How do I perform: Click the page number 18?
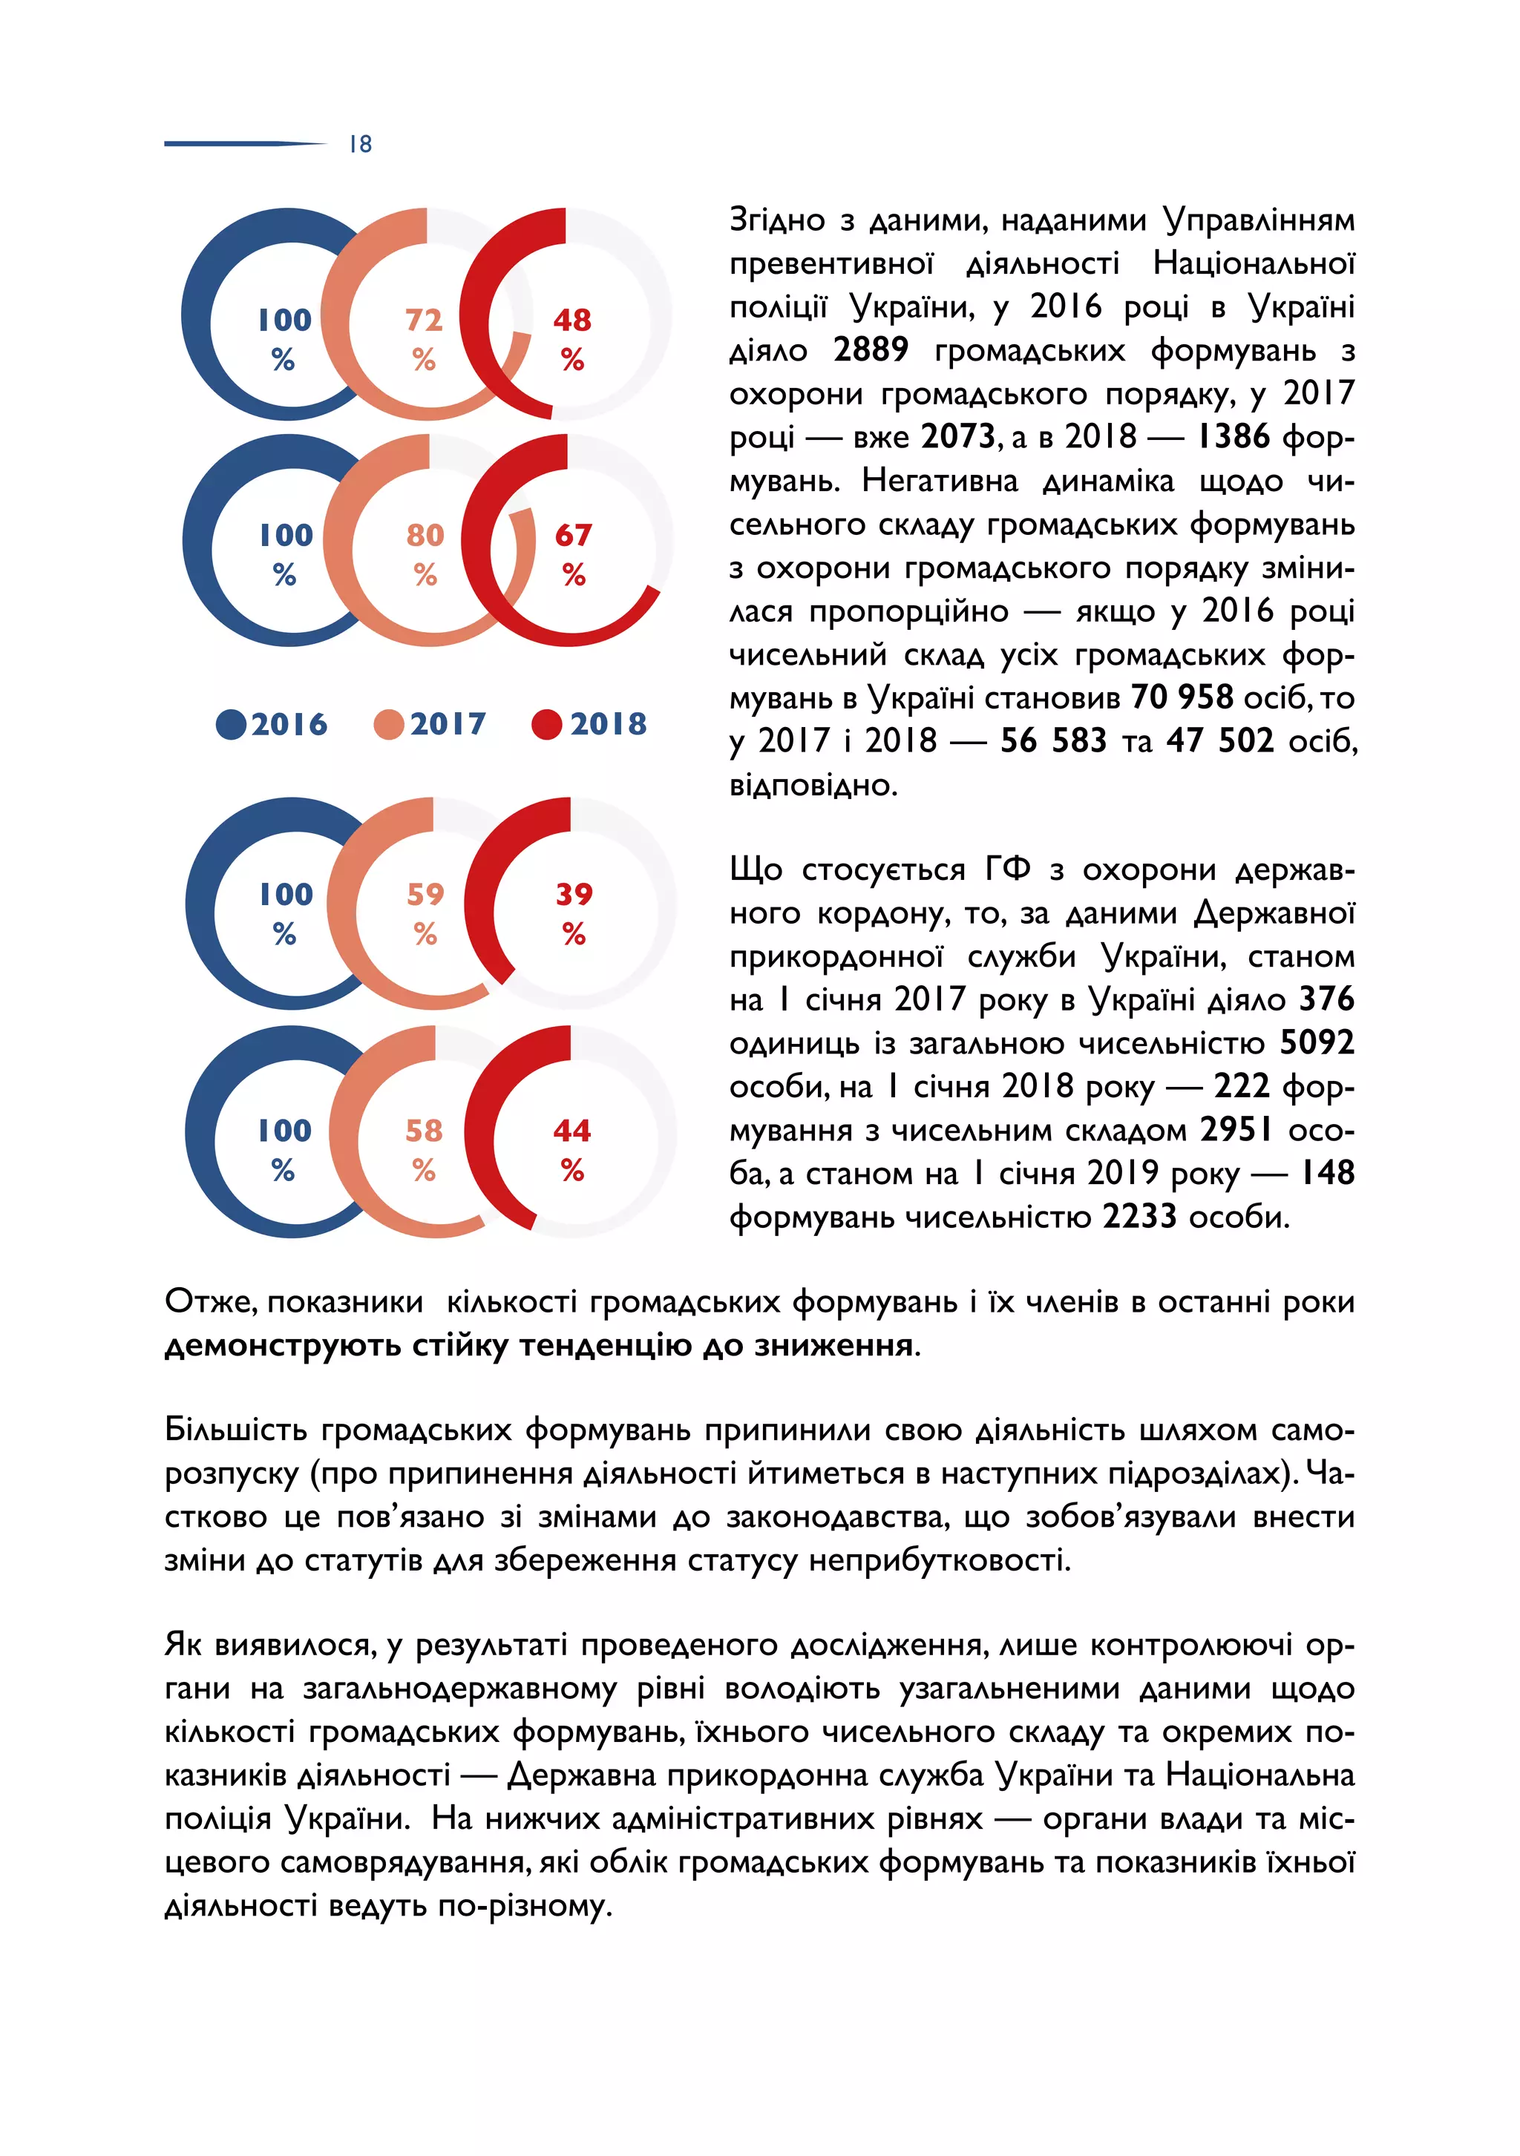point(361,144)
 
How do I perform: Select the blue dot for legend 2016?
point(230,724)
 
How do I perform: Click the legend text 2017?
point(448,724)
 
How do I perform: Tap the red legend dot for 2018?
point(546,724)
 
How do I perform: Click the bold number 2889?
point(870,349)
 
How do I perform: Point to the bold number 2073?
point(957,437)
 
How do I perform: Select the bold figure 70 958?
point(1182,697)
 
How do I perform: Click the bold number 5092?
point(1316,1042)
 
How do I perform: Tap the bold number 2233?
point(1139,1216)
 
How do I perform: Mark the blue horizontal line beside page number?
point(244,144)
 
